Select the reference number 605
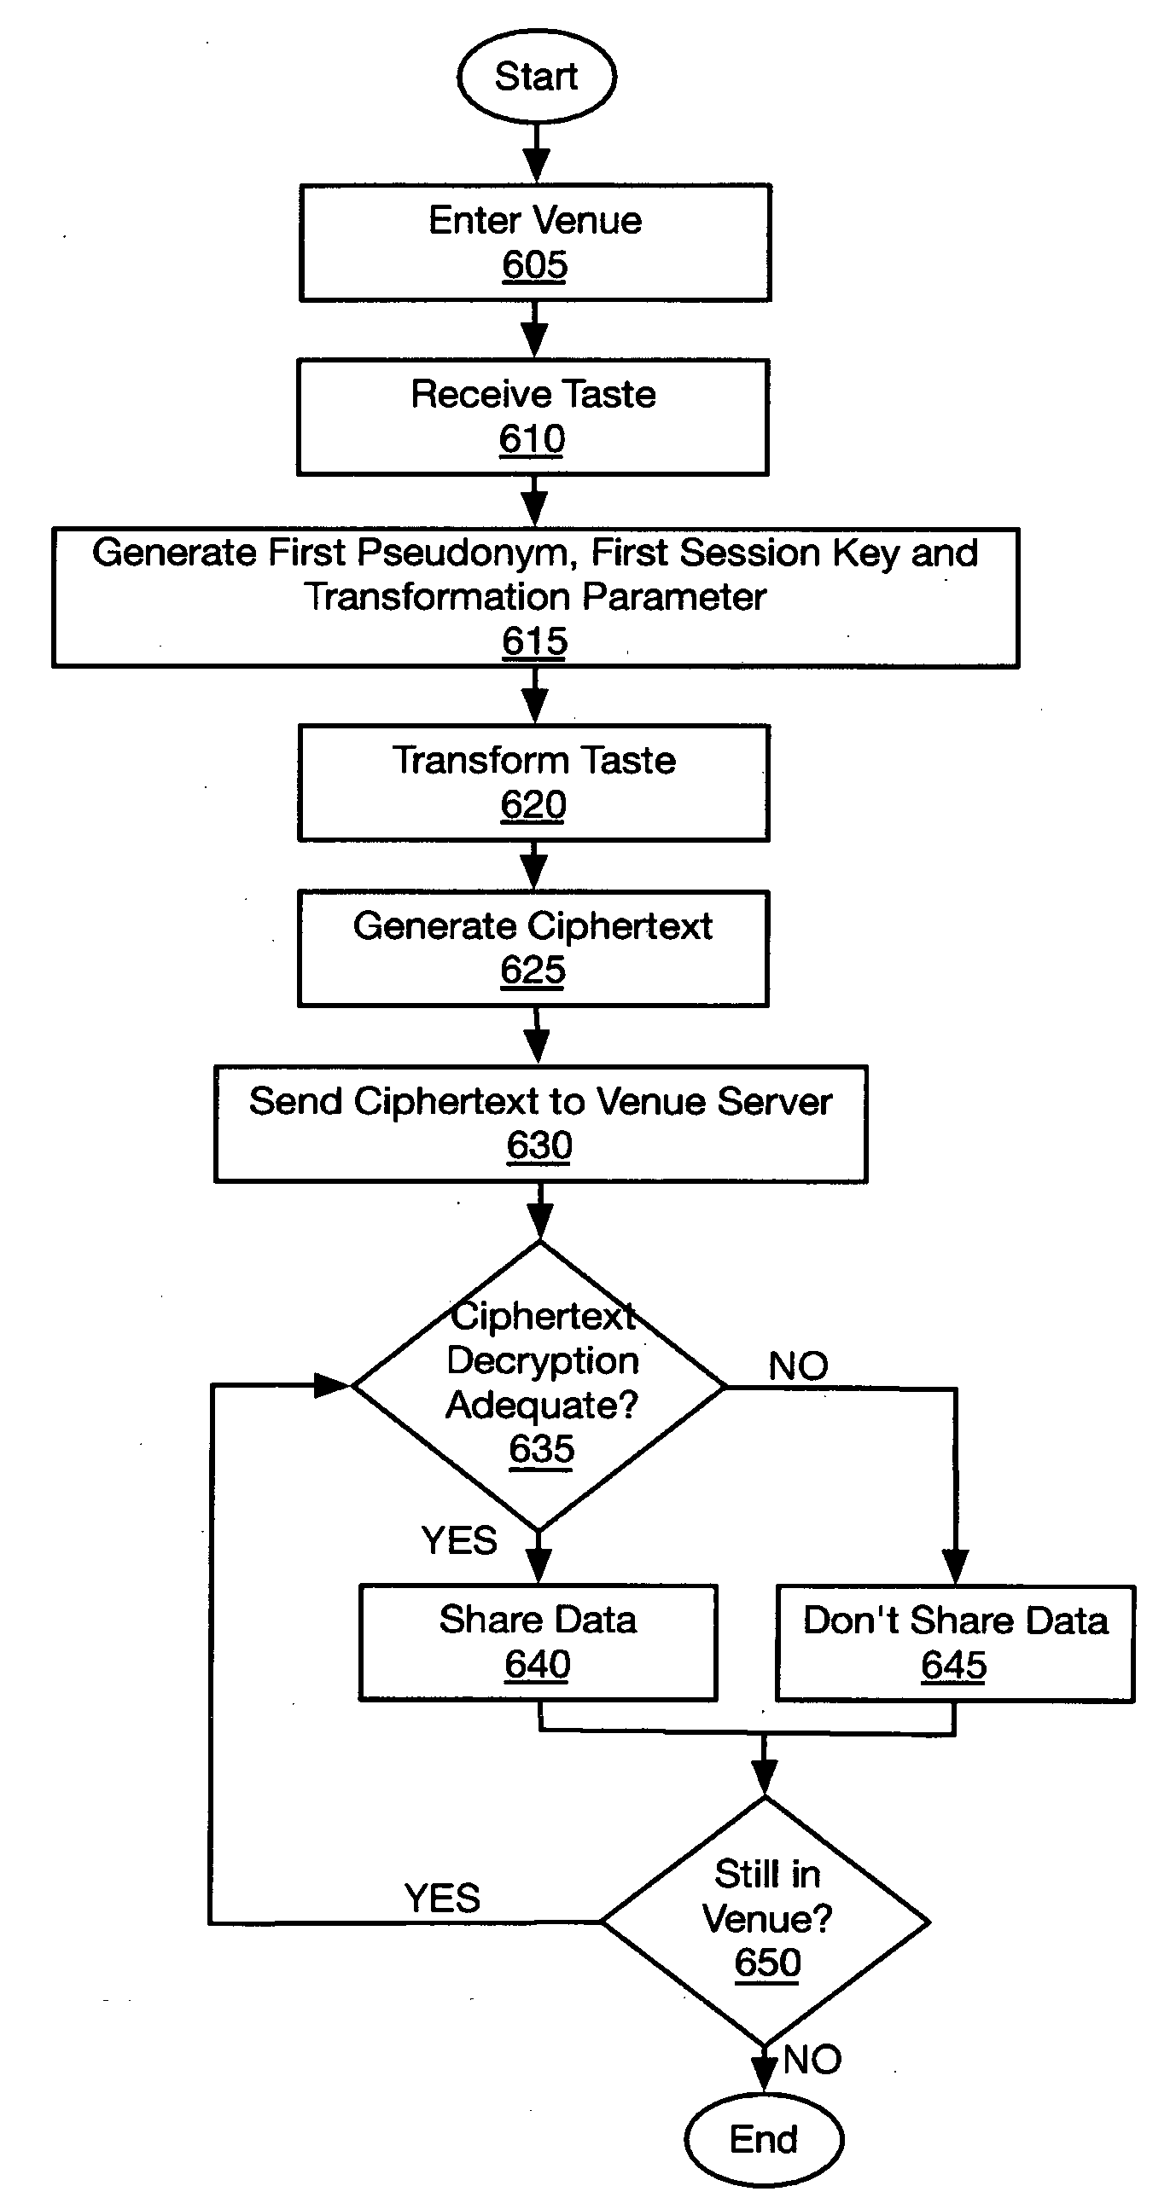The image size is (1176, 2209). pos(534,265)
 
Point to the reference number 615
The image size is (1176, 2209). pos(534,641)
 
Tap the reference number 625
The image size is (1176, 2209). pos(533,971)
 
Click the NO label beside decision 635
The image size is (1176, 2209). pos(798,1366)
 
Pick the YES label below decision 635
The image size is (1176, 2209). pos(459,1540)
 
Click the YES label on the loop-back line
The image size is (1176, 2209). pos(442,1898)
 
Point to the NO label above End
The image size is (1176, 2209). pos(812,2059)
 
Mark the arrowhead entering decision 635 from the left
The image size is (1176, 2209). pos(333,1385)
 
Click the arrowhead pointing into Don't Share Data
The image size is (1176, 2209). pos(955,1567)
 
